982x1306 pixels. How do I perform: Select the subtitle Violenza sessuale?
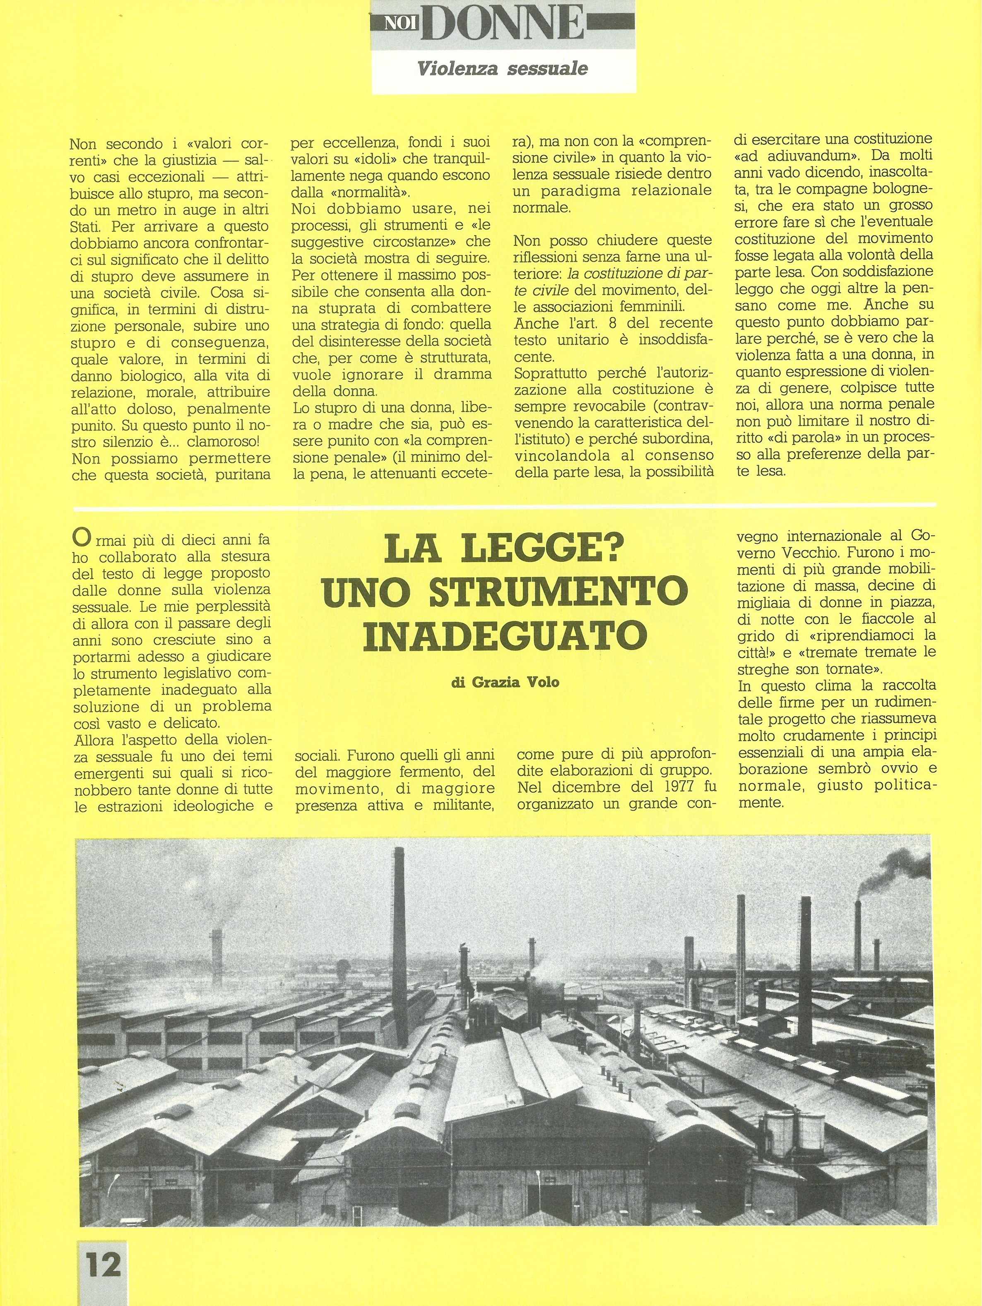pyautogui.click(x=502, y=69)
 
